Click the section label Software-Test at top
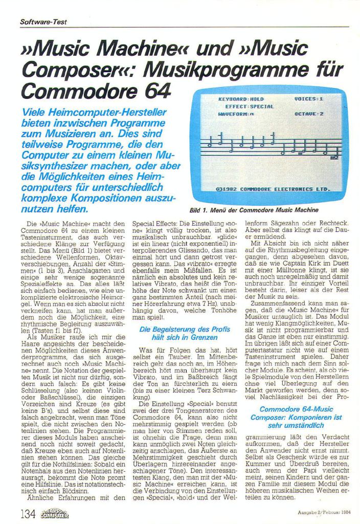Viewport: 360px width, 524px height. (x=43, y=22)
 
